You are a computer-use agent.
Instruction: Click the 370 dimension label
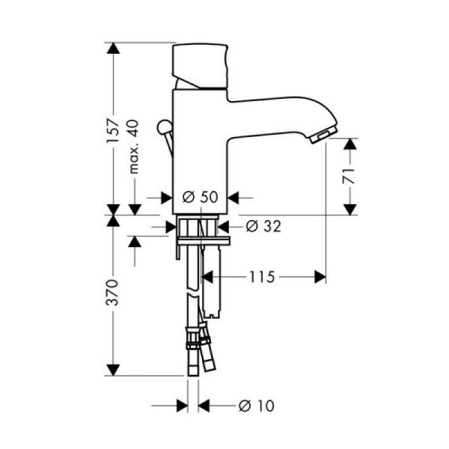pos(113,294)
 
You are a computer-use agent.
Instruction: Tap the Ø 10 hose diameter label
pos(256,406)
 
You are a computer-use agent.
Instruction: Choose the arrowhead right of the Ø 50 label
pos(233,197)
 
